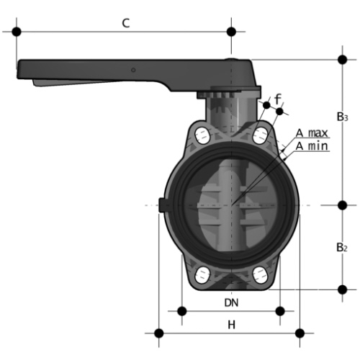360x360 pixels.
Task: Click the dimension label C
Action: tap(126, 23)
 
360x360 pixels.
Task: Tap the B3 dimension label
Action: tap(343, 117)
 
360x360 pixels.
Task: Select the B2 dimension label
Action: tap(342, 247)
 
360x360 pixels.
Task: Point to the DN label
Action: tap(231, 303)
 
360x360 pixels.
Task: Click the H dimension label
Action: tap(231, 325)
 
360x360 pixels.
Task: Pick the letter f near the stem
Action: tap(278, 99)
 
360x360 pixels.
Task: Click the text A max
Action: tap(312, 132)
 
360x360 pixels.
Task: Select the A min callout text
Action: tap(312, 146)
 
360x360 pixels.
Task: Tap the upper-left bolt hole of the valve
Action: tap(202, 136)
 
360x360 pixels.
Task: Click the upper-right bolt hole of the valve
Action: tap(261, 135)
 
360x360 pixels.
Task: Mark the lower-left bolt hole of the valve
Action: tap(202, 275)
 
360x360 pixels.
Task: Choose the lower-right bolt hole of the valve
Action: tap(261, 275)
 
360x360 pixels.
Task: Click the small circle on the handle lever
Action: tap(133, 70)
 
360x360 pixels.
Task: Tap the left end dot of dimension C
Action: tap(17, 32)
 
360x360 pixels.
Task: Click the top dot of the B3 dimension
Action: tap(343, 60)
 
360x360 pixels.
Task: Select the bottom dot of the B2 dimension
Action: tap(343, 289)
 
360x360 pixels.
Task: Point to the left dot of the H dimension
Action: tap(159, 333)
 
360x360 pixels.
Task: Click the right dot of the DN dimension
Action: tap(280, 311)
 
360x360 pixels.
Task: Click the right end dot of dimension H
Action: tap(300, 333)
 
